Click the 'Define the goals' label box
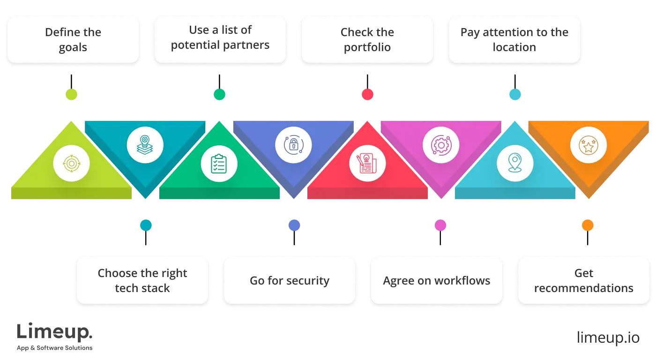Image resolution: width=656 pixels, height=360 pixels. (73, 40)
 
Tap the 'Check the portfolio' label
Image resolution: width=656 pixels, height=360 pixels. (367, 40)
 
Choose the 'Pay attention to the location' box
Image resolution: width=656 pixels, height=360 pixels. (514, 40)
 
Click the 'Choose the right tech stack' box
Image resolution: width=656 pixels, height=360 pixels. (142, 280)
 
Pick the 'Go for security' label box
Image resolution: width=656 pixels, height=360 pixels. (290, 280)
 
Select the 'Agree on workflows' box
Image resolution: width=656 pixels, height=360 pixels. (437, 280)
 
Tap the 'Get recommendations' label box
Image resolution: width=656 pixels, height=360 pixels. (584, 280)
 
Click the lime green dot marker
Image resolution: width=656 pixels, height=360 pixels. (71, 95)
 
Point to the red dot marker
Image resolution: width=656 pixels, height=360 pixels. (367, 95)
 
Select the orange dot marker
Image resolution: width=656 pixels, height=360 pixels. (588, 225)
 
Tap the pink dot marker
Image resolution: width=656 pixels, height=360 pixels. (440, 225)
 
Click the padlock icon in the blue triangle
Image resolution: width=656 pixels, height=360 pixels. (293, 144)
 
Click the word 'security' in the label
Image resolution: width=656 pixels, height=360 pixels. (308, 281)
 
